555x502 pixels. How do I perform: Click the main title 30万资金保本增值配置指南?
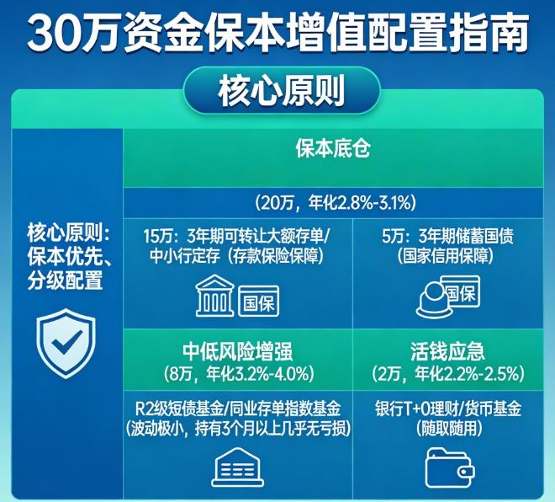click(277, 33)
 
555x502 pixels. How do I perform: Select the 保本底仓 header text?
click(333, 150)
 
